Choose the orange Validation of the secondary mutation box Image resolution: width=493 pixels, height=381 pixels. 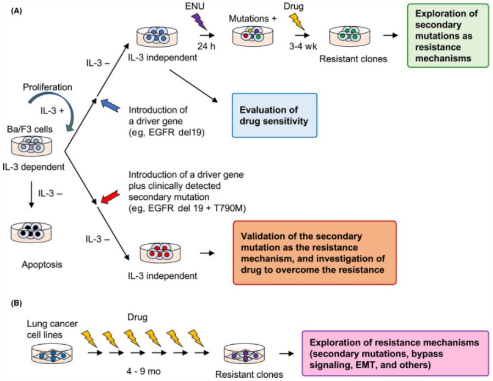pyautogui.click(x=314, y=252)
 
